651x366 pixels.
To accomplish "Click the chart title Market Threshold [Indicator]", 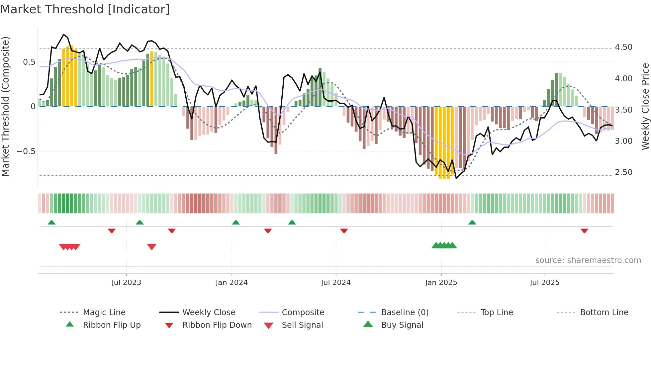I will tap(85, 9).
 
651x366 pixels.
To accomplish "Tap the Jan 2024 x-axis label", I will tap(232, 283).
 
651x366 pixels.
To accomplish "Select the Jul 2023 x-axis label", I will tap(126, 283).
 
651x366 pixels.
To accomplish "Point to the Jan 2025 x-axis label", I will tap(441, 283).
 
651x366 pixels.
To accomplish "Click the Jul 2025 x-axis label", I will tap(545, 283).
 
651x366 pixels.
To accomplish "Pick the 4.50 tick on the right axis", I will tap(623, 47).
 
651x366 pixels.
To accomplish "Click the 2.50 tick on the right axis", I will tap(623, 172).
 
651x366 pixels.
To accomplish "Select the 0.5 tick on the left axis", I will tap(29, 62).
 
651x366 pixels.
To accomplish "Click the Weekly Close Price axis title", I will tap(645, 106).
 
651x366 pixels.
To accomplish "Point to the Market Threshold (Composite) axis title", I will tap(5, 106).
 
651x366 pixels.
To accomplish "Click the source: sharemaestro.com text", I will tap(588, 260).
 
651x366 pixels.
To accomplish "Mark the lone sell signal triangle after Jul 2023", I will tap(152, 247).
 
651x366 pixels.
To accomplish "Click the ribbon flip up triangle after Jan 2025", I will tap(472, 223).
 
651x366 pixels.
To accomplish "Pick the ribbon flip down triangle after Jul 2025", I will tap(585, 230).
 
